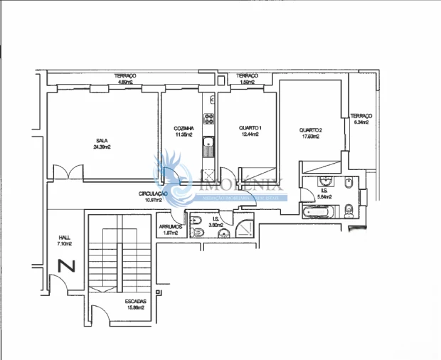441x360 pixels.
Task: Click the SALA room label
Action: (x=102, y=140)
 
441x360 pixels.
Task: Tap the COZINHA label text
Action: (x=184, y=128)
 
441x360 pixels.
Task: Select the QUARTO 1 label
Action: (x=250, y=128)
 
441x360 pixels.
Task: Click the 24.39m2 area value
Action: (x=102, y=147)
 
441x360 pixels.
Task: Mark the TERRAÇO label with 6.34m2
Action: (x=361, y=116)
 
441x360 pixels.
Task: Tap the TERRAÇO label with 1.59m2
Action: (x=247, y=76)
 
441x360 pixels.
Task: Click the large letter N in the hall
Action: (x=66, y=267)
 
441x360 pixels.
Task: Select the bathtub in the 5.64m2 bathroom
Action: (x=318, y=212)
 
